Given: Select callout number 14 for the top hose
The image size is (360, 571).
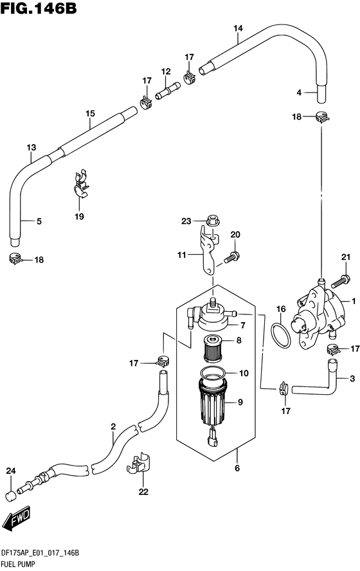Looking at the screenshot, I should pyautogui.click(x=238, y=28).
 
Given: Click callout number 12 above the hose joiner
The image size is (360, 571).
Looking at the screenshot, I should pyautogui.click(x=166, y=72).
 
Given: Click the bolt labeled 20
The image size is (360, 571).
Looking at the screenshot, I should pyautogui.click(x=230, y=257).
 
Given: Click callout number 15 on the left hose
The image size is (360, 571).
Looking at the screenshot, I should pyautogui.click(x=90, y=113).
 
